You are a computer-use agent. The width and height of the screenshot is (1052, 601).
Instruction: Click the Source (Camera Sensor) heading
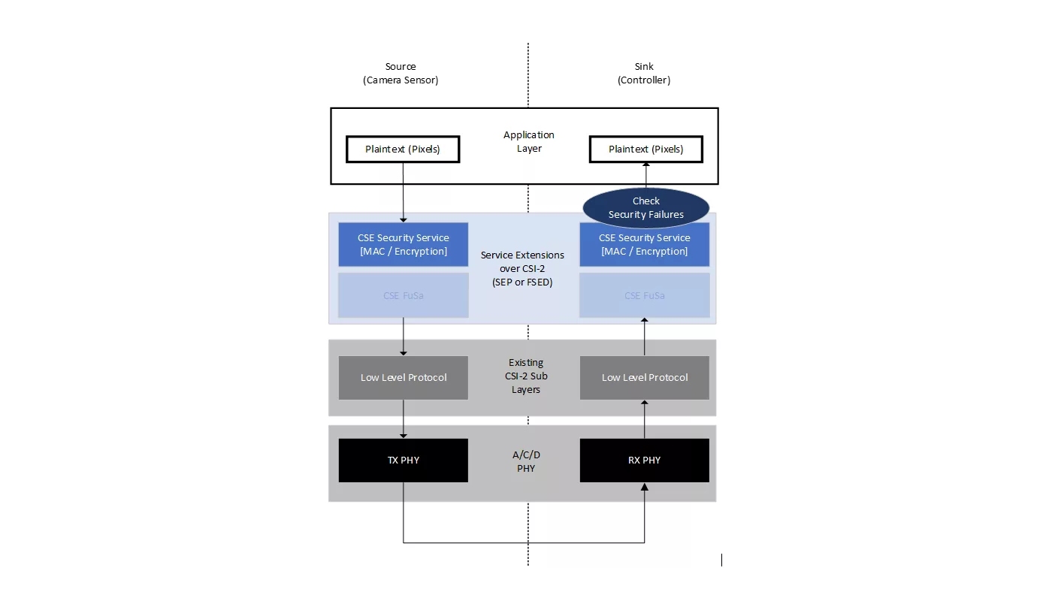pos(401,73)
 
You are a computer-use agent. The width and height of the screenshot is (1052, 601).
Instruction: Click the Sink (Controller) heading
pos(644,73)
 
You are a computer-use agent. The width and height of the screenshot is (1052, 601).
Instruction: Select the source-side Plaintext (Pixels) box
pos(403,149)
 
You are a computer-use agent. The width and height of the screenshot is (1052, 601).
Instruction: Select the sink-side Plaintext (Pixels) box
pos(645,149)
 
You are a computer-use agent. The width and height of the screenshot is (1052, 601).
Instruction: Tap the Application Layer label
pos(528,141)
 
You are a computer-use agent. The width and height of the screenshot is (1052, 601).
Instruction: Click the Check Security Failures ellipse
pos(646,207)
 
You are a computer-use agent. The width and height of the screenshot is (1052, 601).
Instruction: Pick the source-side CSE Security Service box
pos(404,244)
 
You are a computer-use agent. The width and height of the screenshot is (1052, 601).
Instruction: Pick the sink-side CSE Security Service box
pos(645,244)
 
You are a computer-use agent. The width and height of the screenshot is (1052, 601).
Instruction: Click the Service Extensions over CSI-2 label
pos(522,268)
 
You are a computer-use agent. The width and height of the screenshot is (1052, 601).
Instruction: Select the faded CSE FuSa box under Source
pos(404,295)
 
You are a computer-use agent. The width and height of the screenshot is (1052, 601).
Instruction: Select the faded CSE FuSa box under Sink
pos(645,295)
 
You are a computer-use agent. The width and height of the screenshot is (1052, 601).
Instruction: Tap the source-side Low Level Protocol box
pos(404,377)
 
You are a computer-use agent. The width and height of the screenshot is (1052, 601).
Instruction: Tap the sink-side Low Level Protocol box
pos(645,377)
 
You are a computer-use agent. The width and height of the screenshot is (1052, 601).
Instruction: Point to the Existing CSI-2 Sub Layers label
pos(526,376)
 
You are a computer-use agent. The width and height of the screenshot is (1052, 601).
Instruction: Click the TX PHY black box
pos(404,460)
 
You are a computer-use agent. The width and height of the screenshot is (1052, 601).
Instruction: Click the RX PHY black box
pos(645,460)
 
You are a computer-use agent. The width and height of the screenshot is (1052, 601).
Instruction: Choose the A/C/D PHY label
pos(526,461)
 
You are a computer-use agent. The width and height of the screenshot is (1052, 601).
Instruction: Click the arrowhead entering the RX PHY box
pos(645,487)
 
